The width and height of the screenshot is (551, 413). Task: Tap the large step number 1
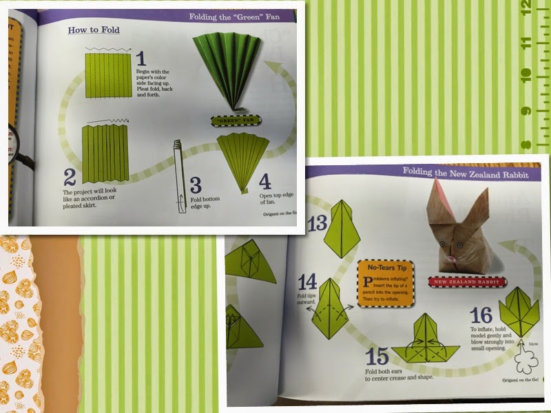point(141,59)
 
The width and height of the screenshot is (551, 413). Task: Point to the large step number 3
point(195,184)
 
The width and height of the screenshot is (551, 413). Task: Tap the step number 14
point(307,282)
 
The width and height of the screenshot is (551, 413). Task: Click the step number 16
point(481,316)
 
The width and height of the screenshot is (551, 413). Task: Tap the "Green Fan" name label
point(236,121)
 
